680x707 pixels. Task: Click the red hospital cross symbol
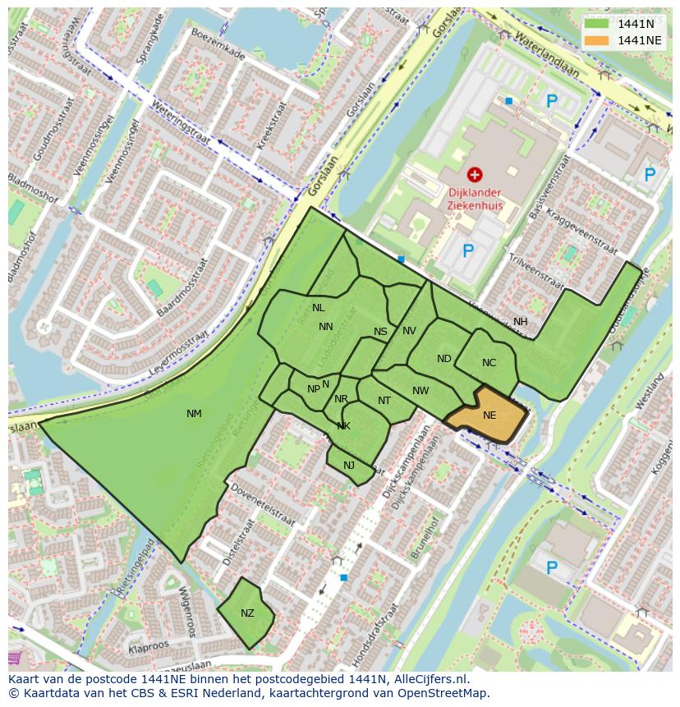pos(474,174)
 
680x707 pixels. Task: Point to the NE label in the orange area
pos(489,415)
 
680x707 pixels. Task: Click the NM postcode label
pos(194,414)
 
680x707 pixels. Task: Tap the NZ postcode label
pos(247,613)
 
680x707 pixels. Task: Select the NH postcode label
pos(521,322)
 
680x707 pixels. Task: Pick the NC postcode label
pos(489,363)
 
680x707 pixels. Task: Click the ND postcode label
pos(444,359)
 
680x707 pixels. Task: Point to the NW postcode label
pos(420,391)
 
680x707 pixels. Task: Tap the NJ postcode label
pos(349,466)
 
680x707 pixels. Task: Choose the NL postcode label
pos(319,308)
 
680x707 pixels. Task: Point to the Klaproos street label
pos(149,647)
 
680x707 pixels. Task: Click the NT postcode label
pos(384,401)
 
